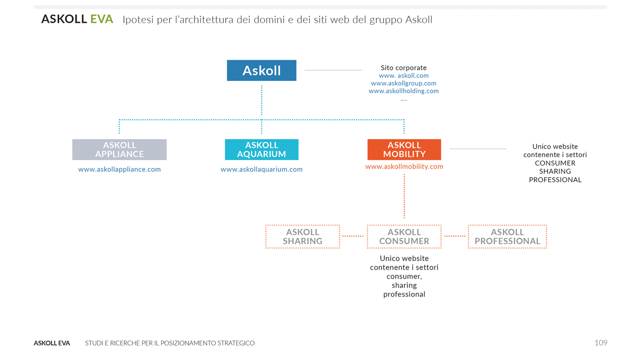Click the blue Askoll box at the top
pyautogui.click(x=262, y=70)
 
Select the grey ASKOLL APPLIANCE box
pyautogui.click(x=119, y=150)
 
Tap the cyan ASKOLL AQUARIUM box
pyautogui.click(x=262, y=150)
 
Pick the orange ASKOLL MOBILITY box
pyautogui.click(x=404, y=150)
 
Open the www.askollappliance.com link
pyautogui.click(x=119, y=169)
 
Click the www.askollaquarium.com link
pyautogui.click(x=262, y=169)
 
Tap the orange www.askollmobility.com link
pyautogui.click(x=404, y=167)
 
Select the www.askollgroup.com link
pyautogui.click(x=404, y=84)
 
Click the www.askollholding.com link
pyautogui.click(x=404, y=91)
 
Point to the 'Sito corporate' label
pyautogui.click(x=404, y=68)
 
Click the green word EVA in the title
pyautogui.click(x=101, y=19)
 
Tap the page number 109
pyautogui.click(x=601, y=343)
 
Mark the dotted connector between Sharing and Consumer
pyautogui.click(x=353, y=236)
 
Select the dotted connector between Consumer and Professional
pyautogui.click(x=454, y=236)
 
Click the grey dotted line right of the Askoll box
pyautogui.click(x=333, y=70)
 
